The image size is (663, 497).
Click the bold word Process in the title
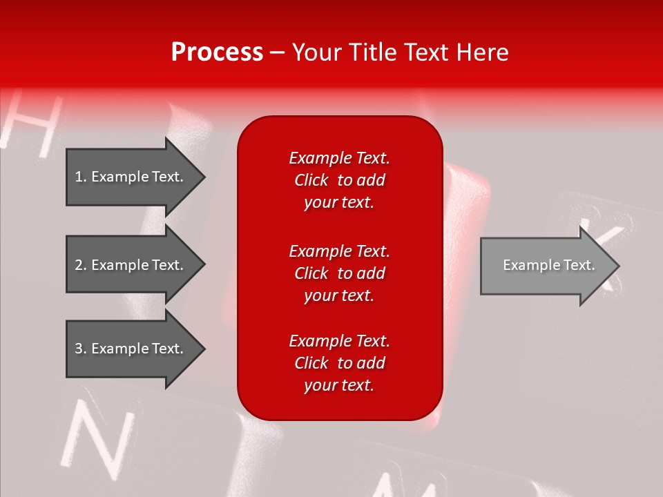(217, 52)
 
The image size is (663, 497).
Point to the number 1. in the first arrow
(81, 177)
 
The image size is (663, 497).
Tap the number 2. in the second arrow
(81, 265)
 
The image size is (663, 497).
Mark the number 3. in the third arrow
(81, 349)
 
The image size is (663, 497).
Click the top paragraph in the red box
(339, 180)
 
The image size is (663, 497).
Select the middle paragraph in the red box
(339, 273)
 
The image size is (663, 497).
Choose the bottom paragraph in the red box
(339, 363)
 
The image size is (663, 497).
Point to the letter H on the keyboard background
(31, 124)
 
